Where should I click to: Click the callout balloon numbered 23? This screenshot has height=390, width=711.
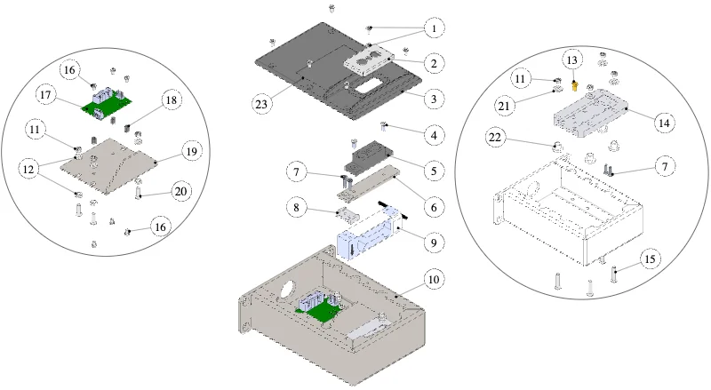[261, 104]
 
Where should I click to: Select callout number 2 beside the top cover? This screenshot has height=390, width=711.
[434, 63]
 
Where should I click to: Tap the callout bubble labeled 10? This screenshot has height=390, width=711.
[434, 279]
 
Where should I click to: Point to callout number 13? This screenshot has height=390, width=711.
[572, 60]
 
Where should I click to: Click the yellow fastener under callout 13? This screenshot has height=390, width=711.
[574, 85]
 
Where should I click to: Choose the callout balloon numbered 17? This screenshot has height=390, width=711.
[46, 95]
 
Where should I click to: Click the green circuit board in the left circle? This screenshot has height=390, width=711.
[107, 105]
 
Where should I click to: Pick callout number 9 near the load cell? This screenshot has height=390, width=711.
[434, 243]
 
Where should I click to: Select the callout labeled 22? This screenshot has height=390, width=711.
[495, 137]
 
